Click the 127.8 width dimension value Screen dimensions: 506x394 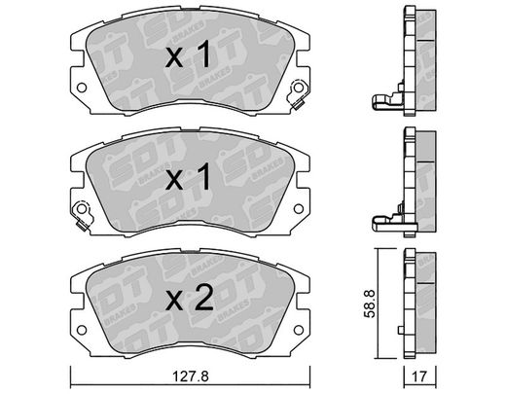[x=191, y=376]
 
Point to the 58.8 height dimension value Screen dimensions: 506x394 [x=370, y=304]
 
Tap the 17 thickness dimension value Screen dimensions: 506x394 [x=419, y=376]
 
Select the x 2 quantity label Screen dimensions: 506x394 [x=190, y=298]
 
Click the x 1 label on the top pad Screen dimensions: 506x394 [x=188, y=55]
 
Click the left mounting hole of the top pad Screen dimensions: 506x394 [x=82, y=88]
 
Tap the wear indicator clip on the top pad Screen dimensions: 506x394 [x=297, y=94]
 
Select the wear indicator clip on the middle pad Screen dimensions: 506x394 [x=83, y=215]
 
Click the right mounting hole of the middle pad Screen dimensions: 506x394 [x=299, y=209]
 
